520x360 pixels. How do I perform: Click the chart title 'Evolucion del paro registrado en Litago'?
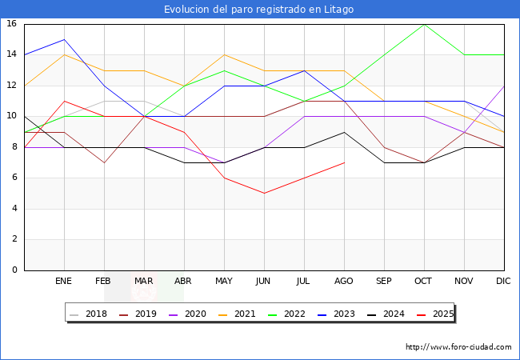(x=259, y=10)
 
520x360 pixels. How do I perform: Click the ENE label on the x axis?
(x=64, y=282)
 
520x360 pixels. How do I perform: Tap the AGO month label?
(x=344, y=282)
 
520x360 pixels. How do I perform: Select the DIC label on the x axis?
(x=504, y=282)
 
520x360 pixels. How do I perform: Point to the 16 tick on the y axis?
(x=12, y=24)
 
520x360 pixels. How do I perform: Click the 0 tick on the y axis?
(x=14, y=270)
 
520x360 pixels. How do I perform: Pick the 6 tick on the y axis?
(x=14, y=178)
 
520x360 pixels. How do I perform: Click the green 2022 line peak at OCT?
(x=424, y=24)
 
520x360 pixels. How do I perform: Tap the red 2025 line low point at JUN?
(x=264, y=193)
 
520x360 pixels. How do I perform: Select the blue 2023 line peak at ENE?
(x=64, y=39)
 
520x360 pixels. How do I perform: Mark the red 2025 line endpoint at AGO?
(x=344, y=162)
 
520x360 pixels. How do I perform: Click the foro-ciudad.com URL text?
(x=458, y=347)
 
